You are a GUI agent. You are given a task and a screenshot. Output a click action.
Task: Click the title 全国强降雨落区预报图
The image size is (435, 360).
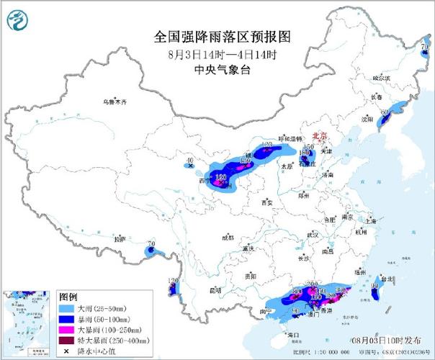[217, 37]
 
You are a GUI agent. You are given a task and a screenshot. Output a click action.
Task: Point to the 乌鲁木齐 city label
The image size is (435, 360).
[114, 102]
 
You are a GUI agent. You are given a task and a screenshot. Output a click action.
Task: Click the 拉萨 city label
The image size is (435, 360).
[120, 238]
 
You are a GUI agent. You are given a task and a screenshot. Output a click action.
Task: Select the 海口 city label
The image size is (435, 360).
[292, 335]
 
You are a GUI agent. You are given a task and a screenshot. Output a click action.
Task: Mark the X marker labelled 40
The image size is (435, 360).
[191, 166]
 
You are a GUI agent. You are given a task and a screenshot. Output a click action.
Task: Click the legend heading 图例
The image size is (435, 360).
[68, 297]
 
